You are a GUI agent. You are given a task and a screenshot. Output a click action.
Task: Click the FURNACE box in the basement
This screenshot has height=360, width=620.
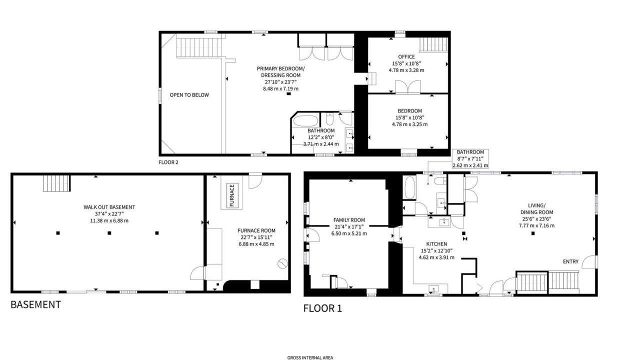(232, 195)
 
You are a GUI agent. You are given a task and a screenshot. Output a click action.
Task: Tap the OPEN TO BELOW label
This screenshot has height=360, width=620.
(189, 95)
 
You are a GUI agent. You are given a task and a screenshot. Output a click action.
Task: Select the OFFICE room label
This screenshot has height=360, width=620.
(406, 56)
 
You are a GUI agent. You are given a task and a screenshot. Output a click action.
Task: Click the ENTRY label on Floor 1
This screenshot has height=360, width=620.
(570, 261)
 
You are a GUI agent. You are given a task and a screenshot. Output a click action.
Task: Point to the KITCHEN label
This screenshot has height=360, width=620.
(436, 244)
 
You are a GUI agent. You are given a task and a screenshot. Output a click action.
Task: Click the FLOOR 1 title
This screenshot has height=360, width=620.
(322, 308)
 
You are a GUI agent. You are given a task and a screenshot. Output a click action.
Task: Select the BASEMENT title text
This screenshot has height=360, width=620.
(35, 304)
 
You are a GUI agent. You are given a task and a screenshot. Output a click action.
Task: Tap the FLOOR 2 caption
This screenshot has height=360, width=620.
(168, 162)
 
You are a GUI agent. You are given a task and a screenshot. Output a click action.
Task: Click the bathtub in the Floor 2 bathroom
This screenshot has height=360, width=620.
(305, 120)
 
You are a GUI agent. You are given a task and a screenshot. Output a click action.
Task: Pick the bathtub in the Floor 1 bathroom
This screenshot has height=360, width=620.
(409, 187)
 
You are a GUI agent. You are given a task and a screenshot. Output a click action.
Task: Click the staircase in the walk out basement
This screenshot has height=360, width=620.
(56, 183)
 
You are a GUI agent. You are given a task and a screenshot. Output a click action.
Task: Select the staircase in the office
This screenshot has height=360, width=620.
(433, 44)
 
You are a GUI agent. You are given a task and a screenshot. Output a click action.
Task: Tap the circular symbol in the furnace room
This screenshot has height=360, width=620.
(282, 263)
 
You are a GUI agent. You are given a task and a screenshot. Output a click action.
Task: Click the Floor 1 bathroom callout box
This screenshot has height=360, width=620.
(470, 158)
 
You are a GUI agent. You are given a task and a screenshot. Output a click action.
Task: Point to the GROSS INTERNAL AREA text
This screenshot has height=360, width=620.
(310, 357)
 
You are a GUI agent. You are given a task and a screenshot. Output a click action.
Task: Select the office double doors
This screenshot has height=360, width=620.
(407, 86)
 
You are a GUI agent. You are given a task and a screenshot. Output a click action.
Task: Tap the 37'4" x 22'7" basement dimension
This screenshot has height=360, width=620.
(109, 214)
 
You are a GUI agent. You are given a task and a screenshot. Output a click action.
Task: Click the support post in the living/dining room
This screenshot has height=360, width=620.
(533, 233)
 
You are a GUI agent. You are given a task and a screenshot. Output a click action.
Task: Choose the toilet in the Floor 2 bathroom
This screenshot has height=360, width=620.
(329, 118)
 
